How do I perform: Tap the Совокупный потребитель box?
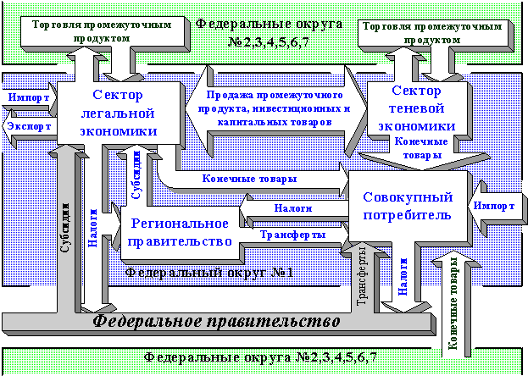coord(408,206)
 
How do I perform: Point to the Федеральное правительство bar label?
coord(216,322)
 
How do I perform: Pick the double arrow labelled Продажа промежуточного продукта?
coord(276,109)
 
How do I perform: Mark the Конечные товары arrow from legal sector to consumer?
coord(254,179)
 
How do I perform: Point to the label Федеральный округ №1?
coord(208,273)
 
